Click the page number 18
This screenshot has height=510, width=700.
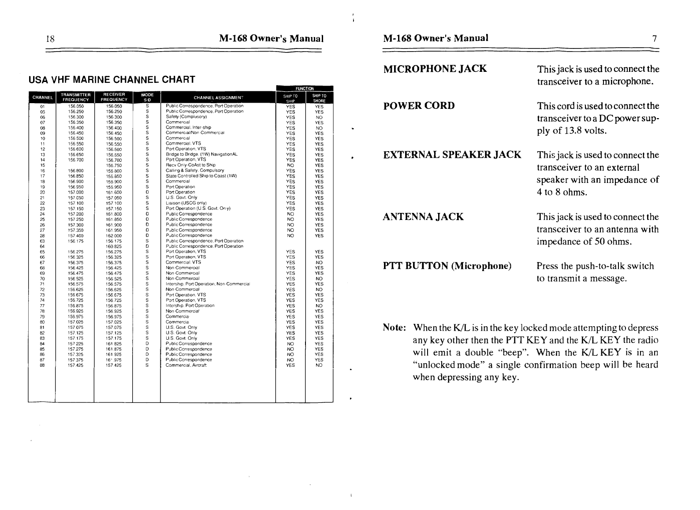tap(50, 39)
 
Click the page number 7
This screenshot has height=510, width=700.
tap(655, 39)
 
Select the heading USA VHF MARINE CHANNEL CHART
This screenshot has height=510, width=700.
tap(112, 80)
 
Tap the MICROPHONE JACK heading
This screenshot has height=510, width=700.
tap(435, 69)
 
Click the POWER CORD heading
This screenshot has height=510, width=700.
tap(419, 106)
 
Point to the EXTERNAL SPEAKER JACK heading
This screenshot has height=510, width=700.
tap(452, 155)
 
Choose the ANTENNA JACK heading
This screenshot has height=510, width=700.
tap(424, 217)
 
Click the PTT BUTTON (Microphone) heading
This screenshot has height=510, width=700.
tap(447, 266)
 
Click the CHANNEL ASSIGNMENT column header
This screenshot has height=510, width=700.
tap(218, 97)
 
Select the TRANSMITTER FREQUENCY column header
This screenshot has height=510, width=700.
tap(76, 97)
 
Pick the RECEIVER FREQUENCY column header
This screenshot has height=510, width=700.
tap(114, 97)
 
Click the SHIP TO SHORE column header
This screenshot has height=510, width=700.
tap(319, 98)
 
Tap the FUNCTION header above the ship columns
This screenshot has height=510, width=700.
tap(305, 88)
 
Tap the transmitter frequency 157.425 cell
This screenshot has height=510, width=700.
tap(76, 365)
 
